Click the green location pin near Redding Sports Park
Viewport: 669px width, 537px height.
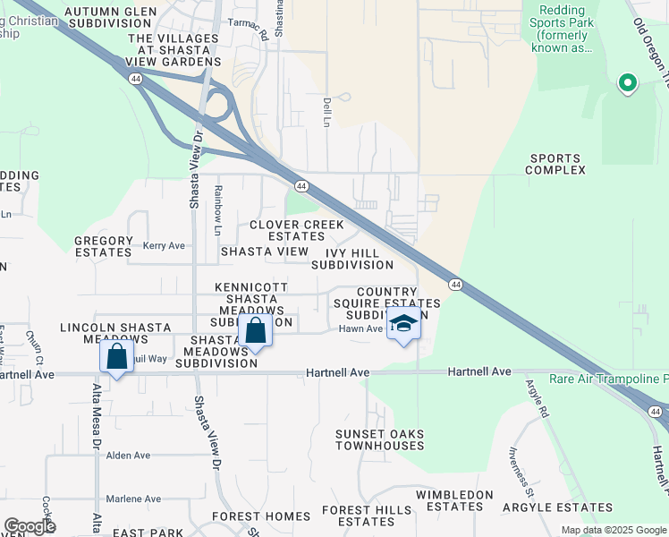click(627, 84)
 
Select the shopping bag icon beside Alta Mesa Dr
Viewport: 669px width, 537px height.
click(116, 356)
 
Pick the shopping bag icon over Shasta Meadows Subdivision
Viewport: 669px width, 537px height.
click(255, 330)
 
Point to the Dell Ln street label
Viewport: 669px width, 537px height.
click(327, 112)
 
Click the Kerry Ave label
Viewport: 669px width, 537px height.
click(164, 245)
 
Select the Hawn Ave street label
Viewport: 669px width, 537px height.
click(360, 329)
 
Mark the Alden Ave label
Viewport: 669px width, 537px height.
click(128, 455)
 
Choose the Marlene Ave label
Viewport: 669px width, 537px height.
click(133, 499)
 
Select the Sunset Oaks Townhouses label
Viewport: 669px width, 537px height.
click(379, 440)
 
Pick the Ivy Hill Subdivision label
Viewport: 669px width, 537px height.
click(352, 259)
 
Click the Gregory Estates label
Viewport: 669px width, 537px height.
click(103, 246)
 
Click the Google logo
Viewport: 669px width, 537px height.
click(30, 526)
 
